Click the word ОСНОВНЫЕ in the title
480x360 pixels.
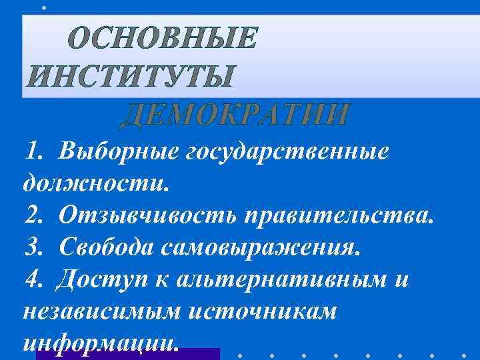[x=162, y=39]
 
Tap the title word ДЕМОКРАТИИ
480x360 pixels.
[x=235, y=115]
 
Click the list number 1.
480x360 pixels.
[x=32, y=151]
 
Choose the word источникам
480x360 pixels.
[x=262, y=311]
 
